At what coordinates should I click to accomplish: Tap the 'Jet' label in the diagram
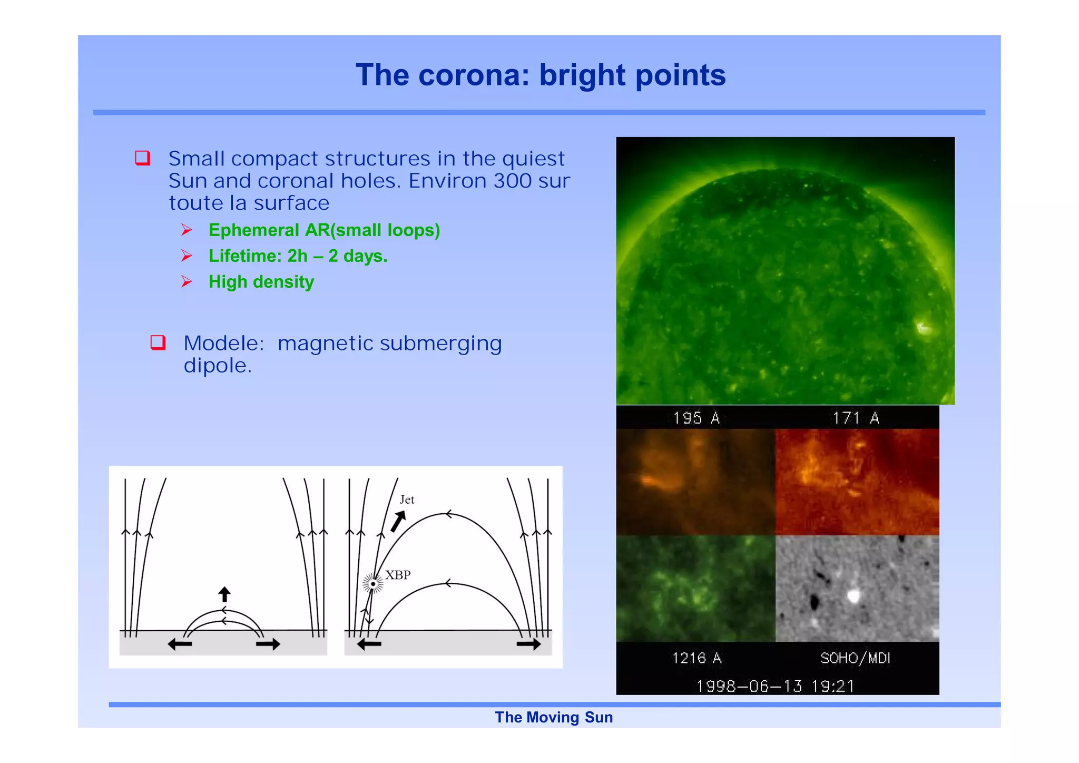(x=407, y=500)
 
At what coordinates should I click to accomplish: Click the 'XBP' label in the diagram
(x=398, y=575)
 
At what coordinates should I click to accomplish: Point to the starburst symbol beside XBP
(x=373, y=584)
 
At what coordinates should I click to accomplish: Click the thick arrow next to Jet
(x=398, y=521)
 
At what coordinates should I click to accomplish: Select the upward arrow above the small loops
(x=224, y=594)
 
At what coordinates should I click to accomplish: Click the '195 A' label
(x=696, y=418)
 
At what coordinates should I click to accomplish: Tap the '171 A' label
(x=856, y=418)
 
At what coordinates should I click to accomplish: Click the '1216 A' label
(x=697, y=658)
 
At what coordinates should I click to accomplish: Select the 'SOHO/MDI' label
(x=855, y=658)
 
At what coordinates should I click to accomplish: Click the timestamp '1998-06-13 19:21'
(x=775, y=686)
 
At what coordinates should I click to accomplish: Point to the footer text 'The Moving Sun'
(x=554, y=717)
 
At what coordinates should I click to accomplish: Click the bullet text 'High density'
(x=261, y=282)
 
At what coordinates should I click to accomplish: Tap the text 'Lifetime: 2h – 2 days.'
(x=298, y=256)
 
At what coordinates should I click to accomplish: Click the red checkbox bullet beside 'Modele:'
(x=158, y=343)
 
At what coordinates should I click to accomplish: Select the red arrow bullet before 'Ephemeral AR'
(x=187, y=230)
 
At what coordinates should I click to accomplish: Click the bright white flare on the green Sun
(x=923, y=328)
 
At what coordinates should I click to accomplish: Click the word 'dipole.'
(x=218, y=366)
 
